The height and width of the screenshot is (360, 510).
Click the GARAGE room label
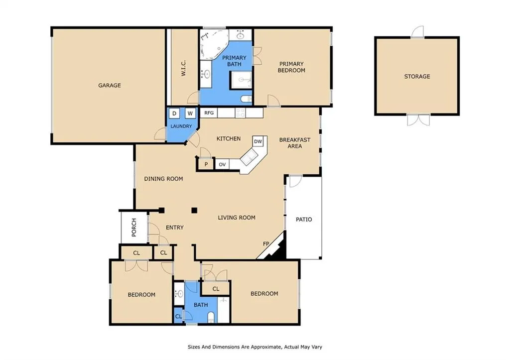point(110,85)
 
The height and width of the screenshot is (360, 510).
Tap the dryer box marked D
point(174,113)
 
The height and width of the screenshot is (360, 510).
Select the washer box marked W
point(190,113)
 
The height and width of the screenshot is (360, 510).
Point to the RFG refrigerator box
point(209,113)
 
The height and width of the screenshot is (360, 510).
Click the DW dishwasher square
point(258,141)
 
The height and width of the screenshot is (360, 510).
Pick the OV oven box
point(222,164)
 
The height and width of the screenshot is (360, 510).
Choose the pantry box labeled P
point(206,164)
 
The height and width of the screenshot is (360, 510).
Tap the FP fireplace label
point(266,243)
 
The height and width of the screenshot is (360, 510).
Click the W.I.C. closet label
point(183,68)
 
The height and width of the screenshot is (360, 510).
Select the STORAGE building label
point(417,76)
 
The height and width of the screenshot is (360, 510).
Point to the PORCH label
point(134,228)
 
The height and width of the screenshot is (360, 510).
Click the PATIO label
point(304,220)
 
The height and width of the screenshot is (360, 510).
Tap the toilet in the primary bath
point(247,99)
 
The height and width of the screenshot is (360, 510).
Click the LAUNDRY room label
point(181,126)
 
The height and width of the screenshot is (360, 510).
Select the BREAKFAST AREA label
point(295,143)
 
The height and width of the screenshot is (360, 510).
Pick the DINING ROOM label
point(163,179)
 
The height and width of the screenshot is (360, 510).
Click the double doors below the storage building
point(418,120)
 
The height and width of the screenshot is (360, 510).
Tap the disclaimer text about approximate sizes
point(255,347)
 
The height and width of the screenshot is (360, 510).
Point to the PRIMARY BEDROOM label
point(291,67)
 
